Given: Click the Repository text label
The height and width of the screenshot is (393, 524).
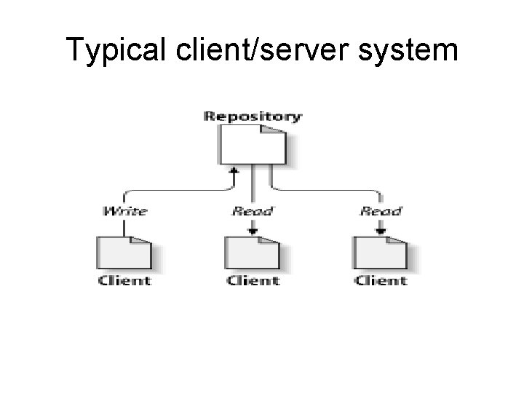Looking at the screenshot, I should (253, 116).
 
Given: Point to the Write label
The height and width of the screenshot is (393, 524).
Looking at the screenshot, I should (124, 211).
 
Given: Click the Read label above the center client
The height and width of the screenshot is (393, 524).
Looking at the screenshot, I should (252, 211).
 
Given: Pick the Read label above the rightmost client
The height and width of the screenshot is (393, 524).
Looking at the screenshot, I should (381, 211).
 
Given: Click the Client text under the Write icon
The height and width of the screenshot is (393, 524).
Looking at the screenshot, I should (124, 280).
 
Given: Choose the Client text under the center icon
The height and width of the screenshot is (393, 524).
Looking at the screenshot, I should (253, 280).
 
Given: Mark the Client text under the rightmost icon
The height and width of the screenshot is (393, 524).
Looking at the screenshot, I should (381, 280).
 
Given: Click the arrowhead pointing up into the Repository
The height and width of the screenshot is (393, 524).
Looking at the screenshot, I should (234, 172).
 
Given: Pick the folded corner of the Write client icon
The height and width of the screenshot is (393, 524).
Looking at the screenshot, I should (143, 242).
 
